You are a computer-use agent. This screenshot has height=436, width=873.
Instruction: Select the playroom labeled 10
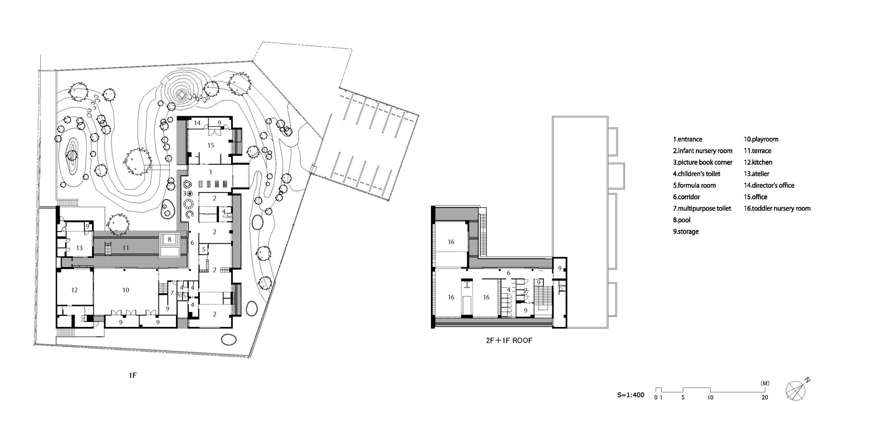tap(126, 290)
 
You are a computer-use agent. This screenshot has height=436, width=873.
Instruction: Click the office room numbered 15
tap(211, 146)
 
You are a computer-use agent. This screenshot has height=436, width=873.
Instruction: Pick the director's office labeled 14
tap(198, 123)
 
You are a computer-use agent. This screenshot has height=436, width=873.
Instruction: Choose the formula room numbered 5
tap(204, 250)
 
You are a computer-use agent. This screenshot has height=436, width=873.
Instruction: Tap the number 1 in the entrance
tap(211, 172)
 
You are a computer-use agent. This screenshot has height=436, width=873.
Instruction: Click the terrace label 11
tap(125, 248)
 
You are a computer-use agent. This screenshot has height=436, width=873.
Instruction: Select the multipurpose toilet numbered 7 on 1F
tap(172, 293)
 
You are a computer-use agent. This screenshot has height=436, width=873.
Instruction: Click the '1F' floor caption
tap(133, 375)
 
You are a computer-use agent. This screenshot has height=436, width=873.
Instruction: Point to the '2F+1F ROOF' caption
tap(509, 340)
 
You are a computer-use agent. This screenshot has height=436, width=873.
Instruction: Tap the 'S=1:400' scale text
tap(631, 395)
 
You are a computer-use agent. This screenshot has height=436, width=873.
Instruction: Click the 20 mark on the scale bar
tap(765, 397)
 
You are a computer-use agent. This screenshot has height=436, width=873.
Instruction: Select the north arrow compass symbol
tap(797, 390)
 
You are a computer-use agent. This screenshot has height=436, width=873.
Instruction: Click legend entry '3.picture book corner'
tap(702, 163)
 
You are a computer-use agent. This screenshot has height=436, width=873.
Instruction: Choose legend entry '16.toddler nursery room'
tap(777, 208)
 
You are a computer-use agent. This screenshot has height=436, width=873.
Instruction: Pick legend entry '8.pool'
tap(682, 220)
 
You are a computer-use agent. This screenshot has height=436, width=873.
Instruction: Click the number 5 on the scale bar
tap(683, 397)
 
